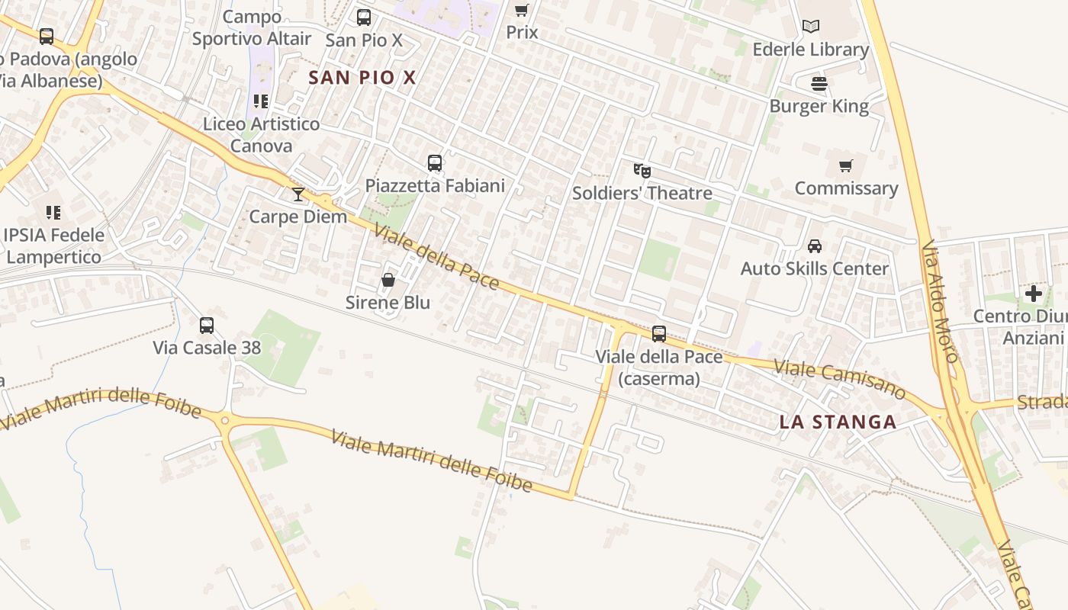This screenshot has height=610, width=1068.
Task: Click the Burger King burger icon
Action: coord(819,83)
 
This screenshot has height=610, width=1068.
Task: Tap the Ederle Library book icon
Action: coord(811,27)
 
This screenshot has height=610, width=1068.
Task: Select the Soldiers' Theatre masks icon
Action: coord(642,171)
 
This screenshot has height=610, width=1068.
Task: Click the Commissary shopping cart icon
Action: coord(845,165)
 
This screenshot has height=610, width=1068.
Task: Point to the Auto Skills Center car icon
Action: coord(815,246)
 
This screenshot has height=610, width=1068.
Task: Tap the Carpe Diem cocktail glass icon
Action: coord(298,194)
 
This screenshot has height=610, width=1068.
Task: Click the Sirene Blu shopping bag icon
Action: coord(388,281)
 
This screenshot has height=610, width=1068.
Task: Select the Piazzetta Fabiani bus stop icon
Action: coord(435,162)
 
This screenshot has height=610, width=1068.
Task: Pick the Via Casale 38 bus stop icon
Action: coord(207,326)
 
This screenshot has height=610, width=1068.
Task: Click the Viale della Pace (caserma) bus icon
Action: coord(659,333)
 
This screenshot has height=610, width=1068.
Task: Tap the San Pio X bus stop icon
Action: coord(364,17)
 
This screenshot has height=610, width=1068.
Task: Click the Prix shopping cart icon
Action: coord(522,10)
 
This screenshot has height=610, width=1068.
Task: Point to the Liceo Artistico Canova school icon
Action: coord(261,101)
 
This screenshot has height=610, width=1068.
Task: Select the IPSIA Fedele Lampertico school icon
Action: coord(53,212)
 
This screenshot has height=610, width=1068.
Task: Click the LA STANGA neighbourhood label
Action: coord(838,422)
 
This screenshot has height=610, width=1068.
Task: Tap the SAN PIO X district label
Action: coord(362,77)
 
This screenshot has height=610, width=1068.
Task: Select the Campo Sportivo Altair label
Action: coord(252,27)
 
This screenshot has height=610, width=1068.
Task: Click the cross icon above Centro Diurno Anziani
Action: coord(1034,294)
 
